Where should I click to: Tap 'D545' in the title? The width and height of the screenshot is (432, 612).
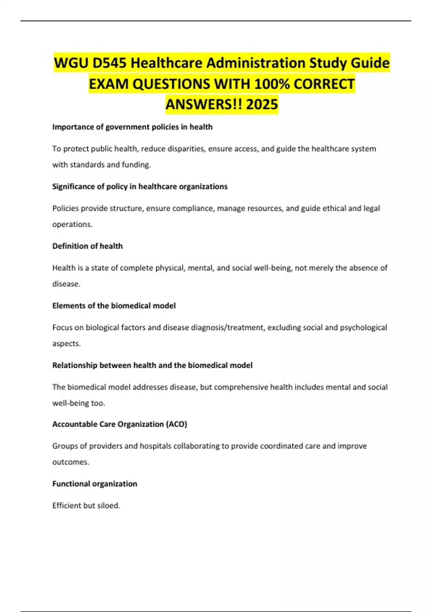109,63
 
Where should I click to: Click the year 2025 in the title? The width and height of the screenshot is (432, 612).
262,104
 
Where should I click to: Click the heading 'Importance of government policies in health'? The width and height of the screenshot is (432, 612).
132,127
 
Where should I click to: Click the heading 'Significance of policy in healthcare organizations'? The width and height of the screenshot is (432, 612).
140,186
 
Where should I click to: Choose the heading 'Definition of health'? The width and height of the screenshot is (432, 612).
87,246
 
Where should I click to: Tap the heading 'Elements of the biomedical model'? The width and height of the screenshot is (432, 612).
114,306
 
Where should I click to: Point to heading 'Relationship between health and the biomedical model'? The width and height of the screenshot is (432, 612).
152,365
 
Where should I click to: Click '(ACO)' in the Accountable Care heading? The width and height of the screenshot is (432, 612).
176,424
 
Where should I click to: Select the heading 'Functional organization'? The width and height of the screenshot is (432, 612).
95,484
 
